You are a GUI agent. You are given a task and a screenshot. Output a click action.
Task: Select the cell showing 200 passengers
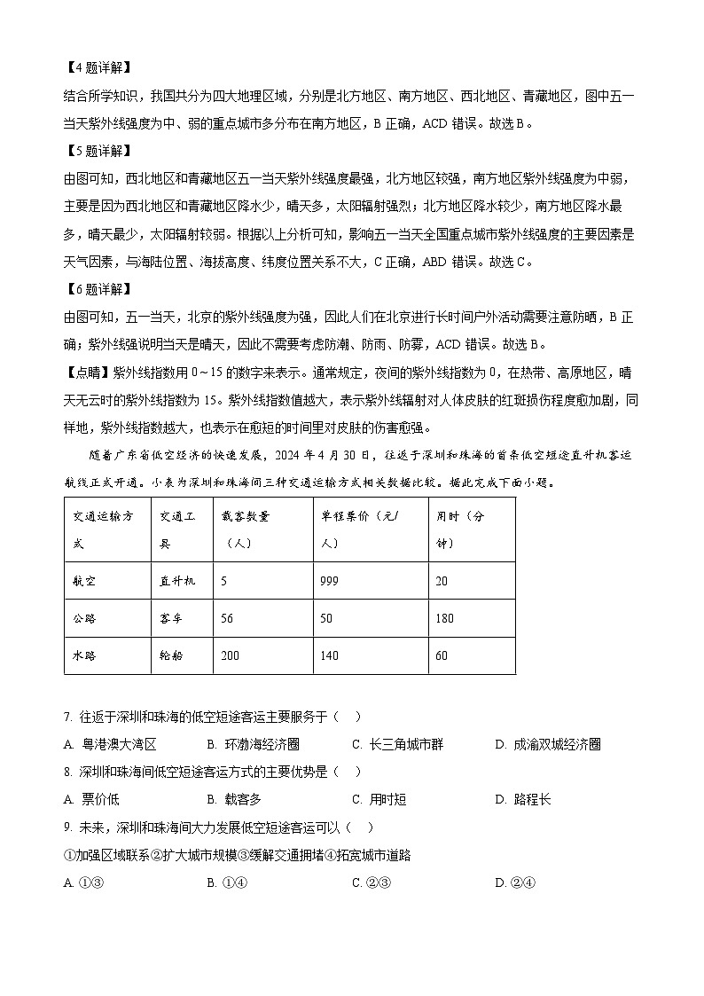pyautogui.click(x=232, y=655)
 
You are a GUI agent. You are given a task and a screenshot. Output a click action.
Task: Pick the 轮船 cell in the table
pyautogui.click(x=171, y=655)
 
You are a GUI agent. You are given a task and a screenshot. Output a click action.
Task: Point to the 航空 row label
pyautogui.click(x=85, y=581)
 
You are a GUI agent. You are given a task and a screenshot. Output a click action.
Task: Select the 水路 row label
pyautogui.click(x=85, y=655)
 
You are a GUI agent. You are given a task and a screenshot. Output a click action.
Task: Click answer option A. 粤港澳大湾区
pyautogui.click(x=111, y=745)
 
